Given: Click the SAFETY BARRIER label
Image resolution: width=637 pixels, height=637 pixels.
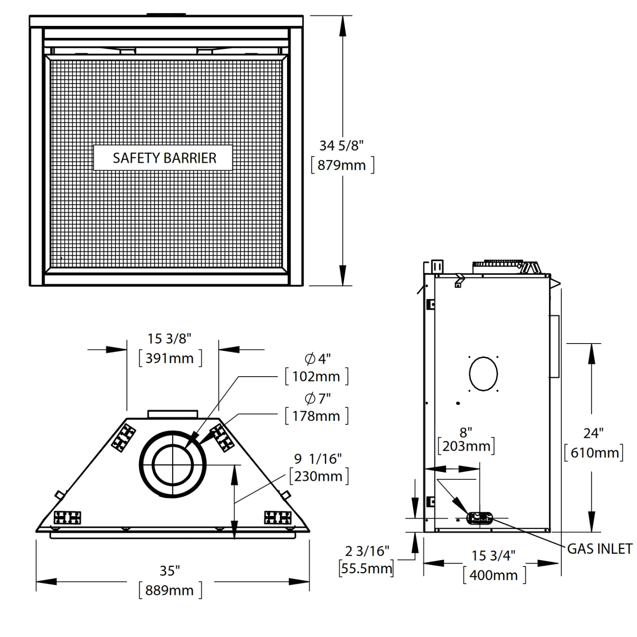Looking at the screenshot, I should click(164, 158).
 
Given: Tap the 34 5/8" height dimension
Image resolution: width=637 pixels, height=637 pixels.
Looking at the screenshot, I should click(341, 146).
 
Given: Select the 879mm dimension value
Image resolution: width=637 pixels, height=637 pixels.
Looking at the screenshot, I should click(341, 165).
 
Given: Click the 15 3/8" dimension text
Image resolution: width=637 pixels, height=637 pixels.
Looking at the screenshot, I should click(169, 338).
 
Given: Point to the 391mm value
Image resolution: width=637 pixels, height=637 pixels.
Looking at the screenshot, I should click(169, 358).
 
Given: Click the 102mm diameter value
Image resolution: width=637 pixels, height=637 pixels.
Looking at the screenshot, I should click(316, 377).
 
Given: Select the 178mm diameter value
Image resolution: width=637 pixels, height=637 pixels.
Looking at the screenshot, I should click(316, 416).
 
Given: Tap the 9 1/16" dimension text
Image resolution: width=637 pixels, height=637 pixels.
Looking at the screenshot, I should click(318, 459).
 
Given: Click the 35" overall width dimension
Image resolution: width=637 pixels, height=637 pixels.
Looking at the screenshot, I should click(169, 571).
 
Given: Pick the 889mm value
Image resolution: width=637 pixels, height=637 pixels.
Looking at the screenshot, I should click(169, 590).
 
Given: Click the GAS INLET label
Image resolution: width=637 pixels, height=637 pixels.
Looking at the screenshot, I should click(600, 549).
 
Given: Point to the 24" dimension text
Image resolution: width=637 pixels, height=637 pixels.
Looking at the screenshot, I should click(593, 433).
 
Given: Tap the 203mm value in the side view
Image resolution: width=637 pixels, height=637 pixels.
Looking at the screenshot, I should click(466, 446).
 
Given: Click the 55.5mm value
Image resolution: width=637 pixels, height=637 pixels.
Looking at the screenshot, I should click(366, 568).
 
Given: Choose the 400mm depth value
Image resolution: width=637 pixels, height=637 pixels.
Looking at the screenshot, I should click(493, 575).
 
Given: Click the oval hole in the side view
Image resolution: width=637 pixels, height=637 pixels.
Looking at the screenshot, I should click(483, 374).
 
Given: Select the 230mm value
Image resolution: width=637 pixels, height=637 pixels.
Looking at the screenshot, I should click(318, 476).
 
